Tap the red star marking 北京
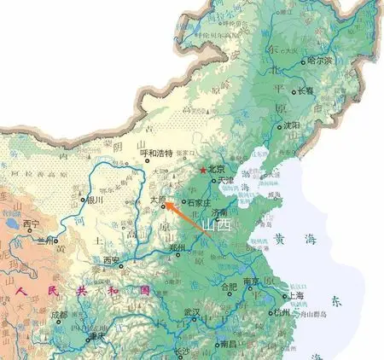click(202, 171)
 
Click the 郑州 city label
click(177, 248)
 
